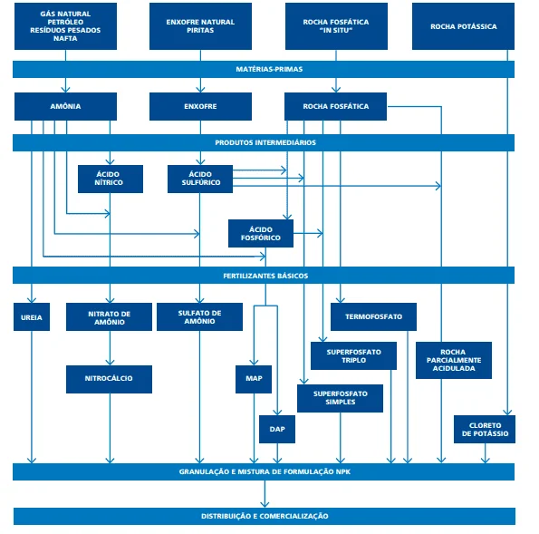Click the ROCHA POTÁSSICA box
coord(464,26)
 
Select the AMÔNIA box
coord(66,106)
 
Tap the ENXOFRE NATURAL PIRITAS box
coord(201,26)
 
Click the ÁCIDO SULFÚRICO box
coord(200,178)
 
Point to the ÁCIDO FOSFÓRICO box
coord(261,233)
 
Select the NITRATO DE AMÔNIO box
coord(110,317)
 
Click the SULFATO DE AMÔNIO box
coord(200,317)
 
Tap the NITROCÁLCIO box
coord(110,378)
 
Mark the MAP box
coord(253,379)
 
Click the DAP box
coord(277,429)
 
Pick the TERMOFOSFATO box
coord(373,317)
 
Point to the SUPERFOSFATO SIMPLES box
coord(341,398)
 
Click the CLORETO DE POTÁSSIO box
coord(485,429)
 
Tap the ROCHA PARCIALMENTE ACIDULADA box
coord(453,360)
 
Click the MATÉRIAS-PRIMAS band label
coord(264,69)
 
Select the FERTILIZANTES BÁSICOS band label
coord(265,275)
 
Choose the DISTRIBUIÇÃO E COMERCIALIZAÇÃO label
coord(265,516)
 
